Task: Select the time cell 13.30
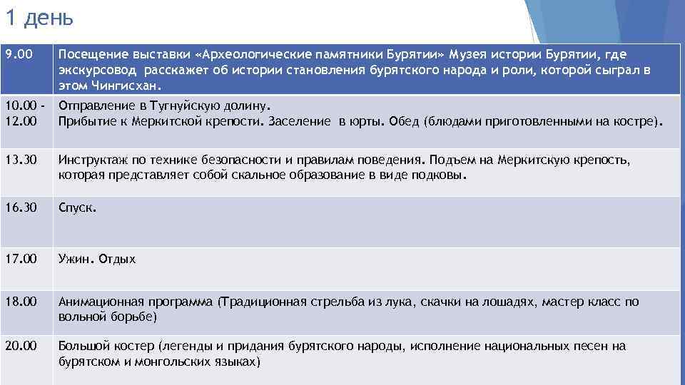(20, 159)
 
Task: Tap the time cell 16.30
(20, 209)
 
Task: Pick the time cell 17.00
(20, 259)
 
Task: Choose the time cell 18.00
(20, 302)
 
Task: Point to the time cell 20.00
(20, 346)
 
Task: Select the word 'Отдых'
(117, 260)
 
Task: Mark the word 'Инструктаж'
(93, 159)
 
